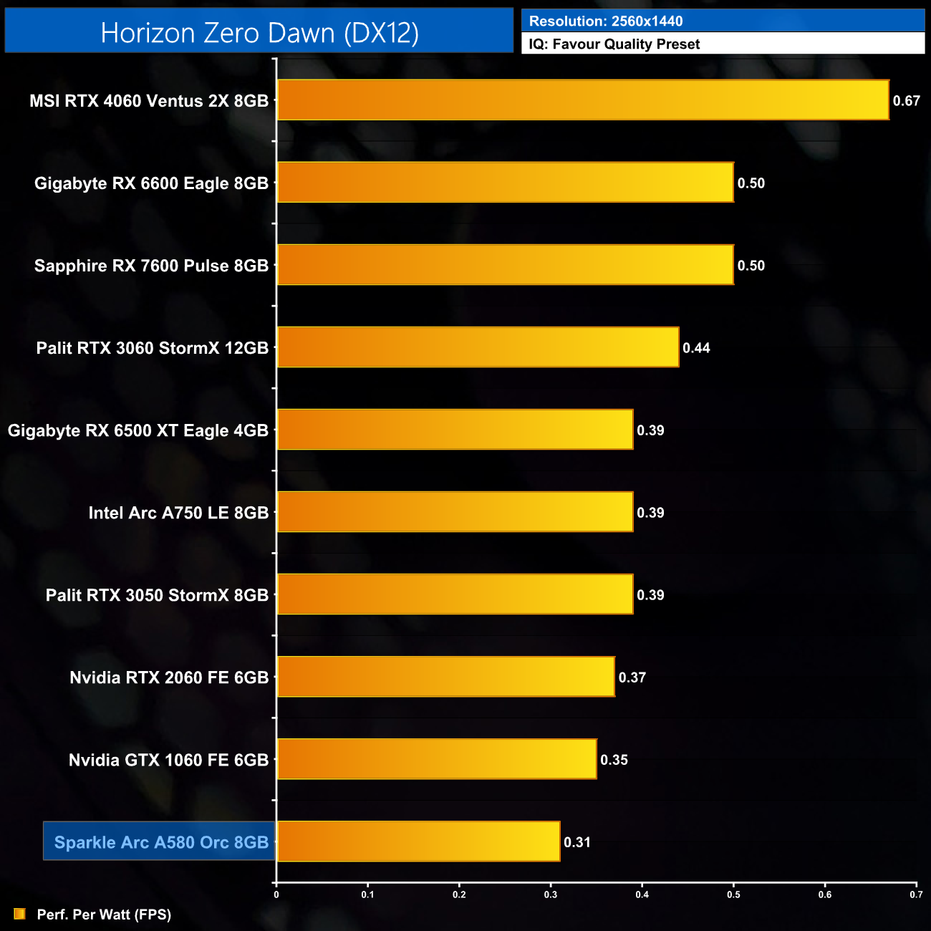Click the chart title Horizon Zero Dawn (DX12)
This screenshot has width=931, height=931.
(x=259, y=33)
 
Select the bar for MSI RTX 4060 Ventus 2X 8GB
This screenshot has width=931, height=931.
(x=583, y=100)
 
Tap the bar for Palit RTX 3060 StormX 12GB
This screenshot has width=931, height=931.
(x=478, y=347)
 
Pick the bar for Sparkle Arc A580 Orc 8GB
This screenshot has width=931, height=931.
(x=418, y=841)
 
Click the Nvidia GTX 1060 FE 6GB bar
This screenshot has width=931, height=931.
(x=437, y=759)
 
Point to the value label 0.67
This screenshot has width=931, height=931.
(x=906, y=101)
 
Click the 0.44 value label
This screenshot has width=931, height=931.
(x=696, y=348)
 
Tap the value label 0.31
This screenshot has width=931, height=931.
(x=577, y=842)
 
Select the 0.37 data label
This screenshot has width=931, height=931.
(x=632, y=677)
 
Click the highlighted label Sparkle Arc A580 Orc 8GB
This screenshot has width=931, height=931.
(x=161, y=842)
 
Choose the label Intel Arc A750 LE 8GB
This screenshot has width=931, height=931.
(x=178, y=513)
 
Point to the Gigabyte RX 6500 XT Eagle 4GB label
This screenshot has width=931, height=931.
(x=138, y=430)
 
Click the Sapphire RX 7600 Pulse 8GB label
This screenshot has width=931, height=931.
(x=151, y=266)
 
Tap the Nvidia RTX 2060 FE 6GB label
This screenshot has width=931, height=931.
(x=169, y=677)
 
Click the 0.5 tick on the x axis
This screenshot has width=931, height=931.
(x=733, y=894)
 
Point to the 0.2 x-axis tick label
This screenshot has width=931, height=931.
(x=459, y=894)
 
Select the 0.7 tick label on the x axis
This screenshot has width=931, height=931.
(x=916, y=894)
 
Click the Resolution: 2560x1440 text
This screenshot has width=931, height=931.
(x=606, y=21)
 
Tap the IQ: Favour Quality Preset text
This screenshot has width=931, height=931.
(x=614, y=44)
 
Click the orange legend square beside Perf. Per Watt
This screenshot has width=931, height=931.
(x=19, y=914)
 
